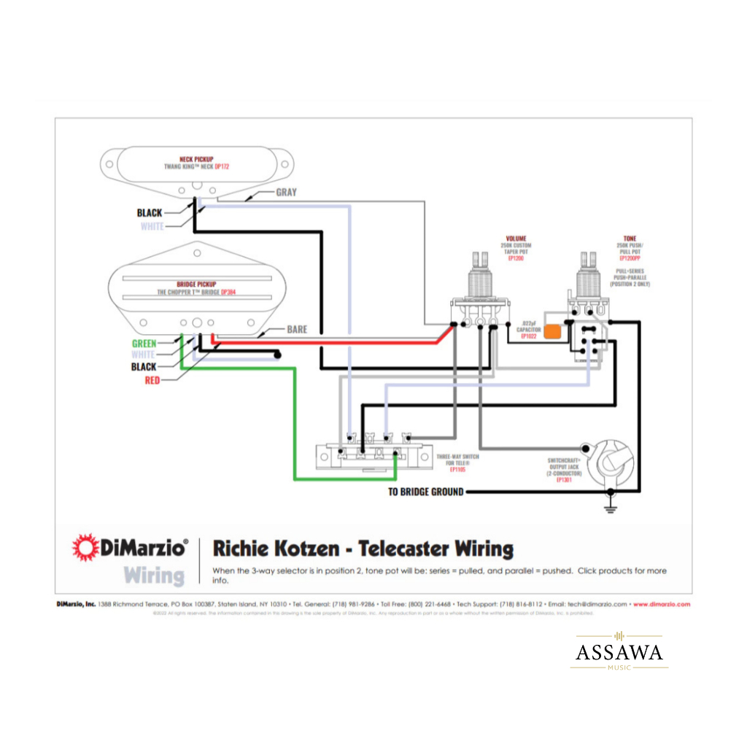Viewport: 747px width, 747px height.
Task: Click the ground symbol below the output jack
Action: click(610, 508)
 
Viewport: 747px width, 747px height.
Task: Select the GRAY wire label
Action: click(286, 193)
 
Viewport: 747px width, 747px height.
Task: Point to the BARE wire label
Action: click(297, 330)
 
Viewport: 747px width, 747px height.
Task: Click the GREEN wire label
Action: click(144, 343)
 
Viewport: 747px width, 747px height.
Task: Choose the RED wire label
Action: click(152, 380)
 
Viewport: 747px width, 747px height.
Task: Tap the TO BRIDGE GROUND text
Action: click(425, 492)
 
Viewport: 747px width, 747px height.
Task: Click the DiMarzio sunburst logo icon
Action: click(85, 548)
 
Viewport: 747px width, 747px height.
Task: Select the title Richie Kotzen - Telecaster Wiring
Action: click(363, 549)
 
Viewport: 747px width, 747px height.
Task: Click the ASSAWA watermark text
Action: click(619, 651)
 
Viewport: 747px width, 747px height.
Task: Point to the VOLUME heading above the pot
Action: click(516, 239)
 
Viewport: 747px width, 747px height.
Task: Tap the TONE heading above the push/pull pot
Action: click(629, 239)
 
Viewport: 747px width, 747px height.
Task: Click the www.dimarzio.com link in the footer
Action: click(661, 604)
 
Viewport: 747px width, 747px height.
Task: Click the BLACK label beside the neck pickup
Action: click(150, 213)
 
